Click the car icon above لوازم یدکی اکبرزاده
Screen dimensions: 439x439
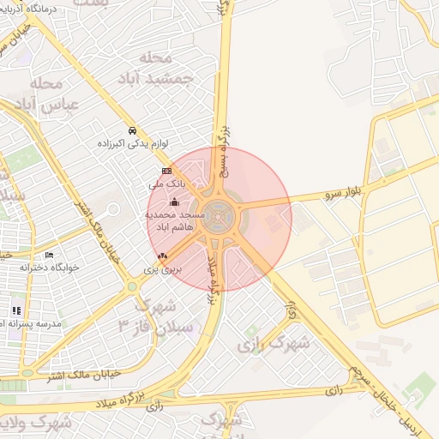(x=132, y=130)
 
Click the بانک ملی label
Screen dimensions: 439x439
(x=167, y=183)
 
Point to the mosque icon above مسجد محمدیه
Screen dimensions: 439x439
(x=175, y=201)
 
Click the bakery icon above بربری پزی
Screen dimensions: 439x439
(x=162, y=256)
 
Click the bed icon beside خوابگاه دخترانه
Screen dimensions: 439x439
(x=49, y=256)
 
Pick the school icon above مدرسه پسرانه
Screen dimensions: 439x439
(x=16, y=310)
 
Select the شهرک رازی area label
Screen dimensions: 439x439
(x=265, y=344)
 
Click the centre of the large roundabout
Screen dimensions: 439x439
(x=220, y=218)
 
